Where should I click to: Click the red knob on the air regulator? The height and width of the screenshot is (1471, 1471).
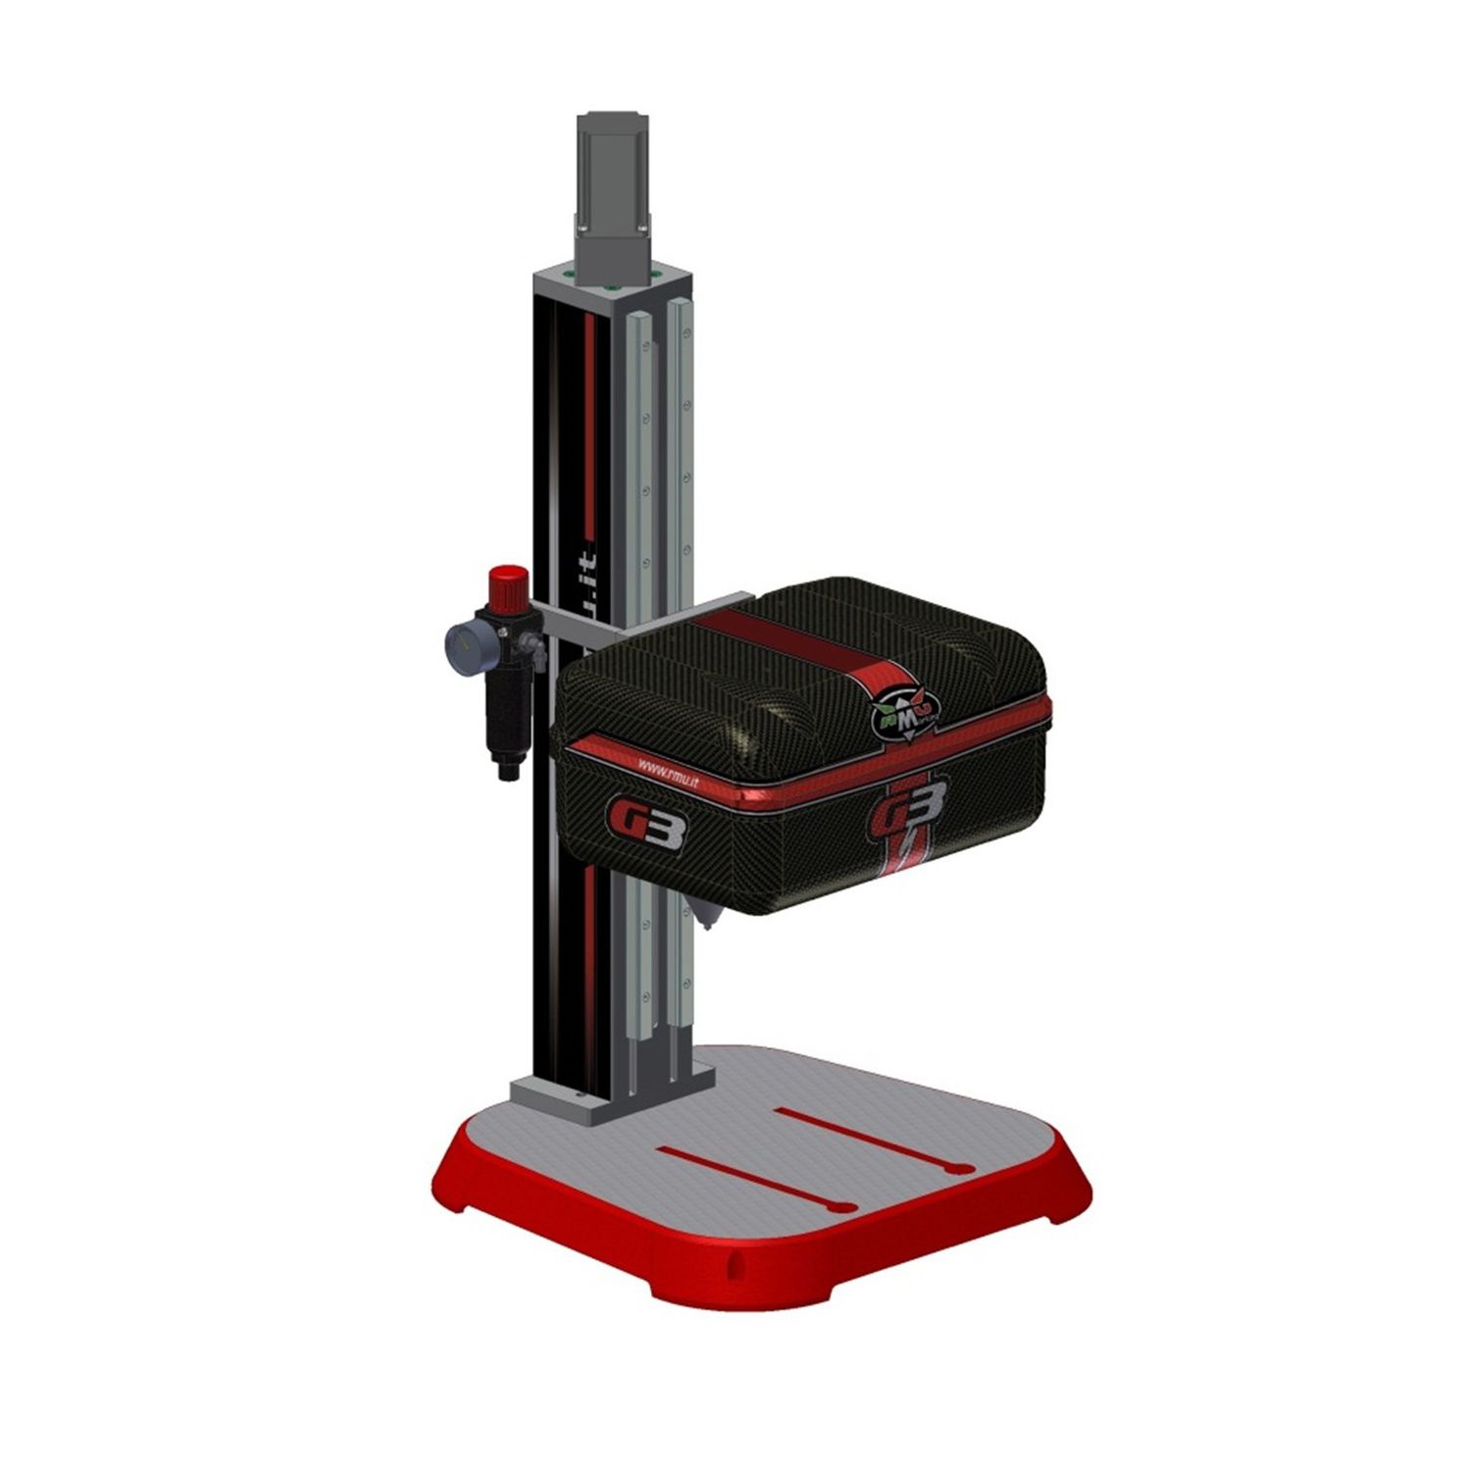coord(507,585)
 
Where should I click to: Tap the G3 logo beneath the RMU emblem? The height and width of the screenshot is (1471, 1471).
coord(905,804)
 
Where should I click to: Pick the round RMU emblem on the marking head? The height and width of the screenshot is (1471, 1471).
coord(904,703)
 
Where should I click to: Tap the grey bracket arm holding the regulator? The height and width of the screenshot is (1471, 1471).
coord(628,621)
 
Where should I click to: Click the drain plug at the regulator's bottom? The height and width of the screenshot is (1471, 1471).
coord(506,772)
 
